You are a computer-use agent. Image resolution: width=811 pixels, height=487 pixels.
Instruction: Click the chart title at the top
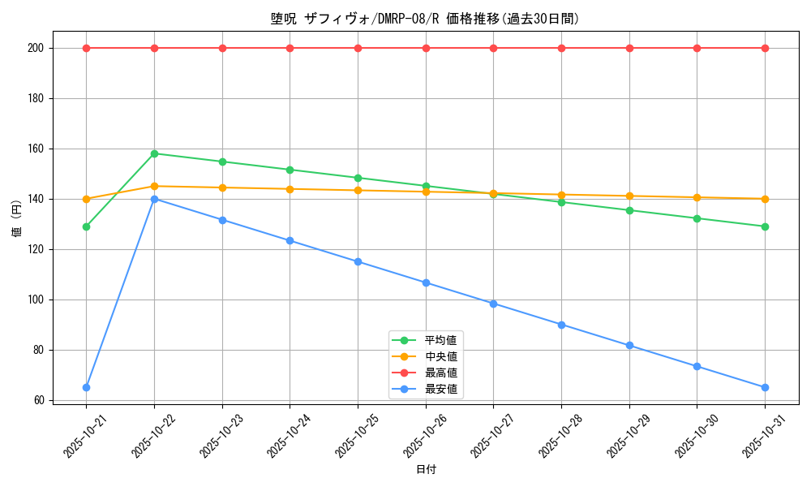pyautogui.click(x=426, y=19)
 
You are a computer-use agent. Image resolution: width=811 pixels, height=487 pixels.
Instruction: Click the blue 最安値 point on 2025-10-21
pyautogui.click(x=86, y=387)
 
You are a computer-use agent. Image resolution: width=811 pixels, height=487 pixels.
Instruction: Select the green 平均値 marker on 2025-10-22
pyautogui.click(x=154, y=153)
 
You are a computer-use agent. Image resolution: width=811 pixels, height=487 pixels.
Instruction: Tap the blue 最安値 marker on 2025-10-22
pyautogui.click(x=154, y=199)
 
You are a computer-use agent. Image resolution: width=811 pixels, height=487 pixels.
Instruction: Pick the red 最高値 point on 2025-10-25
pyautogui.click(x=358, y=48)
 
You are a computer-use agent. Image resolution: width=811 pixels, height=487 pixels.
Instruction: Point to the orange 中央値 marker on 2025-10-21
pyautogui.click(x=86, y=199)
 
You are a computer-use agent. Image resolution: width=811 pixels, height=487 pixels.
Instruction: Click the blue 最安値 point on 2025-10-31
pyautogui.click(x=765, y=387)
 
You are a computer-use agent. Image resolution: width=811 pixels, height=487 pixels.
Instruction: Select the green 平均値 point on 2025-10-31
pyautogui.click(x=765, y=226)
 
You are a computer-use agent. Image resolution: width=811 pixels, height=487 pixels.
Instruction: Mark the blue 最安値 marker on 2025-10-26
pyautogui.click(x=426, y=282)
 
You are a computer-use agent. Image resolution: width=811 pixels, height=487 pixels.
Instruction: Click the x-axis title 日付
pyautogui.click(x=426, y=470)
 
